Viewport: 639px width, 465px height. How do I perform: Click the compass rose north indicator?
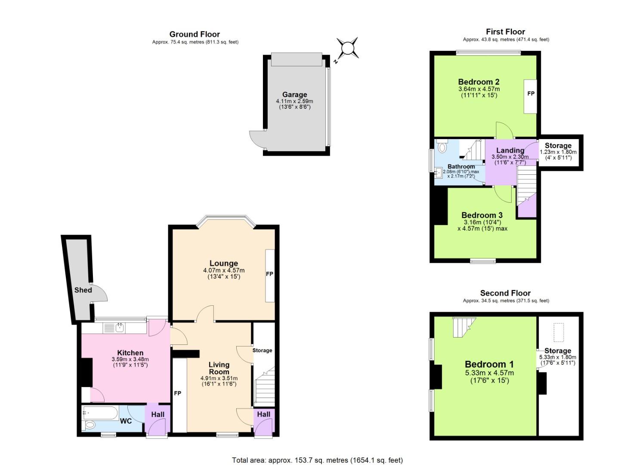347,48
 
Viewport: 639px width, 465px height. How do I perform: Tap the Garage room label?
294,95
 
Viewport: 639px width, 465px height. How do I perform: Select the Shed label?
83,290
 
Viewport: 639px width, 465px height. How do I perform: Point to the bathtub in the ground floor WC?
100,413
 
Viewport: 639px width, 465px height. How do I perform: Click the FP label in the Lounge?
269,274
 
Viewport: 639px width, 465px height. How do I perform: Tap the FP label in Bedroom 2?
531,93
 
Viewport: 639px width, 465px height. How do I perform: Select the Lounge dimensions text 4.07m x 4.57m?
224,270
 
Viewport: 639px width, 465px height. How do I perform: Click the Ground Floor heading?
194,34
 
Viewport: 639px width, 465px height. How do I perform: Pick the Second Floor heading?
505,293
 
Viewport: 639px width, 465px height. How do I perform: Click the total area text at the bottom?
317,460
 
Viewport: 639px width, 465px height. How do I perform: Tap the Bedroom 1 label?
489,364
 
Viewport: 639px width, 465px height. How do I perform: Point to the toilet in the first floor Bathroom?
441,147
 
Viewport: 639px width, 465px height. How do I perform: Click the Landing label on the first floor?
510,150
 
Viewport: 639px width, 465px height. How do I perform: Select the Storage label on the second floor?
558,350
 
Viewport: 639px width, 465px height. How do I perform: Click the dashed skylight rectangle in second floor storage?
559,332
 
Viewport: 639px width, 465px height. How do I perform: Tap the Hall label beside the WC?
157,414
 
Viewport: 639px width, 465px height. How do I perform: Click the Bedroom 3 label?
482,215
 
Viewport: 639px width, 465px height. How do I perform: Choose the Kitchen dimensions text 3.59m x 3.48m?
130,360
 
